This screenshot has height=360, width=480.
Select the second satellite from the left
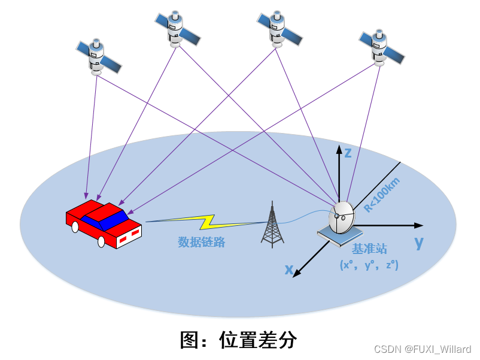tap(175, 28)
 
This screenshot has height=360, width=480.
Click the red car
tap(104, 223)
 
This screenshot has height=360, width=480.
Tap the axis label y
tap(419, 242)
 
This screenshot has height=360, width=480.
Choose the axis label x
tap(288, 270)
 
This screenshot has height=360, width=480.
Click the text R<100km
tap(382, 195)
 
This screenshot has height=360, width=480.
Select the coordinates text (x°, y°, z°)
tap(369, 264)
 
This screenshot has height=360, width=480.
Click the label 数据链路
tap(201, 243)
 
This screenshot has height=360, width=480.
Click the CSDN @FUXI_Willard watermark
tap(423, 349)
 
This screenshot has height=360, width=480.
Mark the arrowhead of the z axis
tap(339, 146)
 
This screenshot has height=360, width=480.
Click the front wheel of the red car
tap(101, 241)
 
